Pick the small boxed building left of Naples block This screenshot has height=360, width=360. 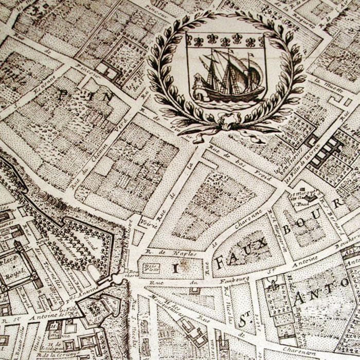coord(151,267)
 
